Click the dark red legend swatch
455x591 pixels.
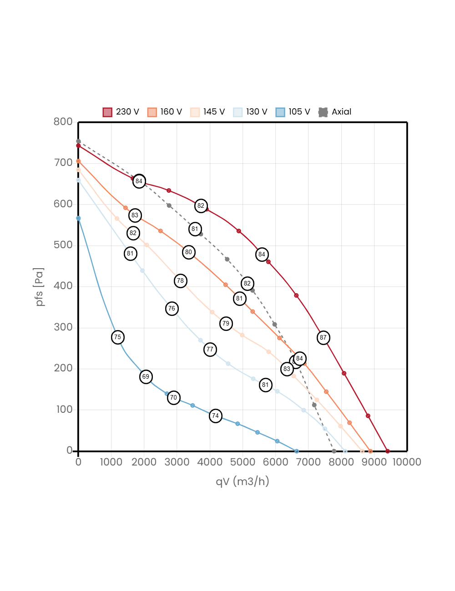(107, 112)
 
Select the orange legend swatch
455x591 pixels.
(152, 112)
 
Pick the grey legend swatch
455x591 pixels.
(323, 112)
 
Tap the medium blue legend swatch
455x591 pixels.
(280, 112)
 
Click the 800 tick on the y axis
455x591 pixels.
(63, 121)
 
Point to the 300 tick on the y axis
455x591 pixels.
(63, 327)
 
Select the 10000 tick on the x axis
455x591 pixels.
(407, 462)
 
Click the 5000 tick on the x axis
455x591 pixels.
(243, 462)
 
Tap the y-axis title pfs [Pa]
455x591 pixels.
(40, 287)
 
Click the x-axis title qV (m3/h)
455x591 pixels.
(243, 481)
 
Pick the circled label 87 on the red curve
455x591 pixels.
(323, 338)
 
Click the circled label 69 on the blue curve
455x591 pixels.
(146, 376)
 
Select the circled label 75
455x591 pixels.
(117, 337)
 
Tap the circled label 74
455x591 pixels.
(216, 416)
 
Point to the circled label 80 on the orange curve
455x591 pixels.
(188, 252)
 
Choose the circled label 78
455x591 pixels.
(180, 281)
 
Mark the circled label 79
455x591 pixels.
(226, 324)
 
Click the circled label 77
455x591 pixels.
(210, 350)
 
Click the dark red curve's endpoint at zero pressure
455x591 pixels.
(388, 451)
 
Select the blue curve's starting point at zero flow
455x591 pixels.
(78, 218)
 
